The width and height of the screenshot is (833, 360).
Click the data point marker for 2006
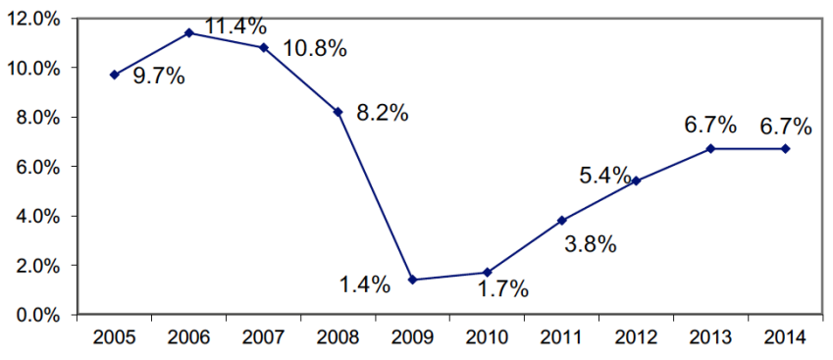(x=188, y=32)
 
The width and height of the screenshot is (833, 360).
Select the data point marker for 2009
(x=412, y=280)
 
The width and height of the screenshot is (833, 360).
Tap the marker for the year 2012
(x=637, y=180)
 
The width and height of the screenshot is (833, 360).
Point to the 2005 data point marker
(x=115, y=75)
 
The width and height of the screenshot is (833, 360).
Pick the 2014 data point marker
(x=786, y=148)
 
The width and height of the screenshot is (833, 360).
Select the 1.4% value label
(x=365, y=285)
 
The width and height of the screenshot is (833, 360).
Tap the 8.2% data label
(x=383, y=113)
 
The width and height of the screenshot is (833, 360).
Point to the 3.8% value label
(x=591, y=244)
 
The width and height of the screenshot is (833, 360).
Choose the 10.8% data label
(x=315, y=48)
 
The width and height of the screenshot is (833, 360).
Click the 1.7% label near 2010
(x=503, y=288)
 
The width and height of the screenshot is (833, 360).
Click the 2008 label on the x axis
(x=338, y=338)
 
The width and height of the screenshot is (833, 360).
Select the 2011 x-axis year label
(x=562, y=338)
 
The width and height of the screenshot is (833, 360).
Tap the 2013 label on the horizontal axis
(x=711, y=338)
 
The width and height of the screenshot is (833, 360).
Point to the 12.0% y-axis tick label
(x=34, y=19)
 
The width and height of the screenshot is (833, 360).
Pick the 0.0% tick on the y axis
(x=38, y=315)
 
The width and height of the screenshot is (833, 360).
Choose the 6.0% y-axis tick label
(x=38, y=167)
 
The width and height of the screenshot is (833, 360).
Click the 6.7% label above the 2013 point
(x=710, y=126)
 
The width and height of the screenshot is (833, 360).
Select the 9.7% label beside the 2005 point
(x=159, y=77)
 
